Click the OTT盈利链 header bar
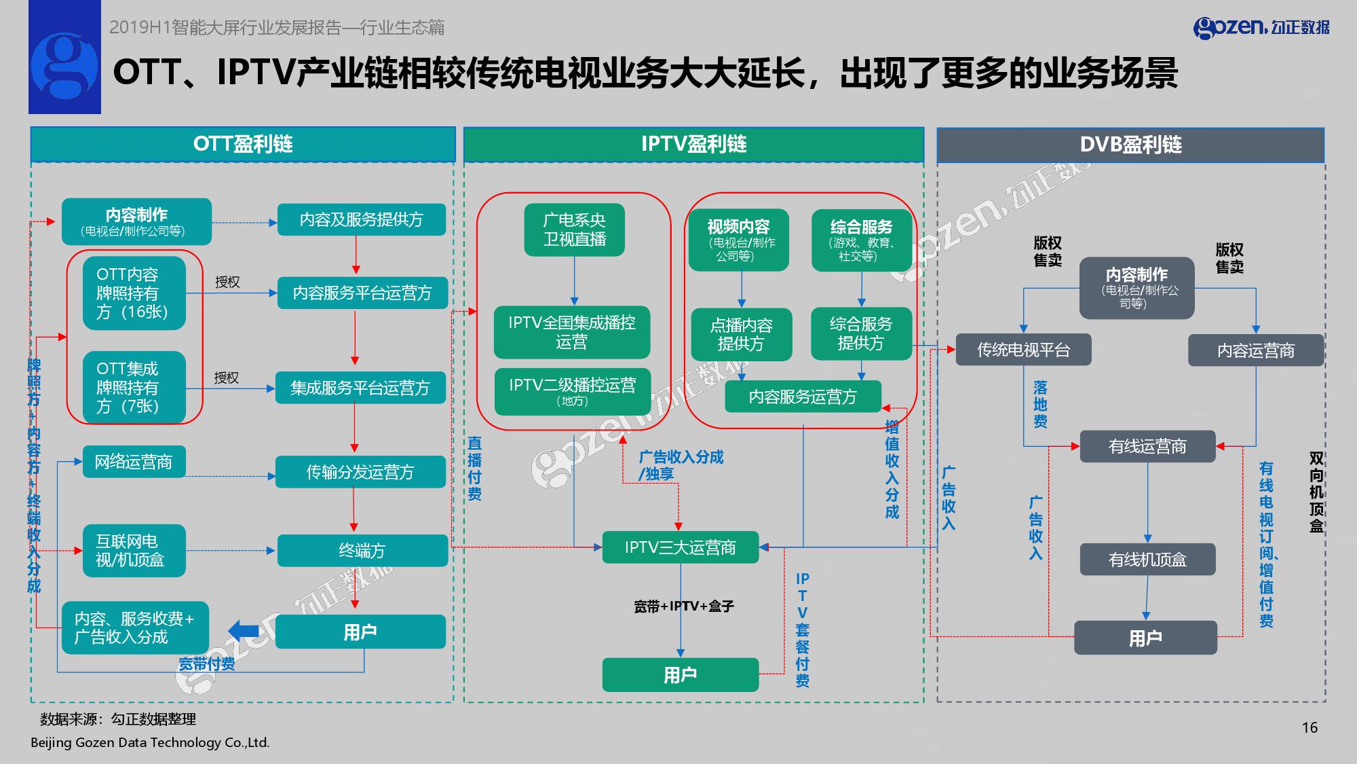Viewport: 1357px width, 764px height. (x=242, y=144)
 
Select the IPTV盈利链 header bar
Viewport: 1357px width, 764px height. (x=693, y=144)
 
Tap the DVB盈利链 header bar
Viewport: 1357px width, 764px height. (x=1130, y=145)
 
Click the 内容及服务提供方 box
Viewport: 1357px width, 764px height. (x=361, y=219)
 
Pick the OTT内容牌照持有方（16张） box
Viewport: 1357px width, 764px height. (x=134, y=293)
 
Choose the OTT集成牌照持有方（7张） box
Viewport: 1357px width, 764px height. (x=134, y=387)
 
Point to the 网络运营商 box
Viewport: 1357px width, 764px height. (x=134, y=462)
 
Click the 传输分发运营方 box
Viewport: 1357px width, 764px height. (x=360, y=472)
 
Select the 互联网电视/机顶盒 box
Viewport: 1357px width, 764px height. (x=134, y=550)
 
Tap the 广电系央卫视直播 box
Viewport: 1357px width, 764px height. (x=574, y=230)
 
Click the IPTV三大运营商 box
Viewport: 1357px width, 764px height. (x=680, y=547)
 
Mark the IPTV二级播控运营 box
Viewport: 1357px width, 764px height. (x=572, y=390)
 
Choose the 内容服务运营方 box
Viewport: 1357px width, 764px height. (x=803, y=397)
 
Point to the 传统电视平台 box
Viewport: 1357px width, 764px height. (x=1023, y=350)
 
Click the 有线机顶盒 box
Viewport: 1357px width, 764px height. (x=1147, y=560)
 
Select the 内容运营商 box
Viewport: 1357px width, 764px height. (x=1255, y=350)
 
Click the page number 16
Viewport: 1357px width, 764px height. (x=1310, y=727)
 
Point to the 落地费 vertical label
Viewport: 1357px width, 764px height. (x=1040, y=404)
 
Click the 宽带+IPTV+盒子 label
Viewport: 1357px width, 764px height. (x=683, y=606)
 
